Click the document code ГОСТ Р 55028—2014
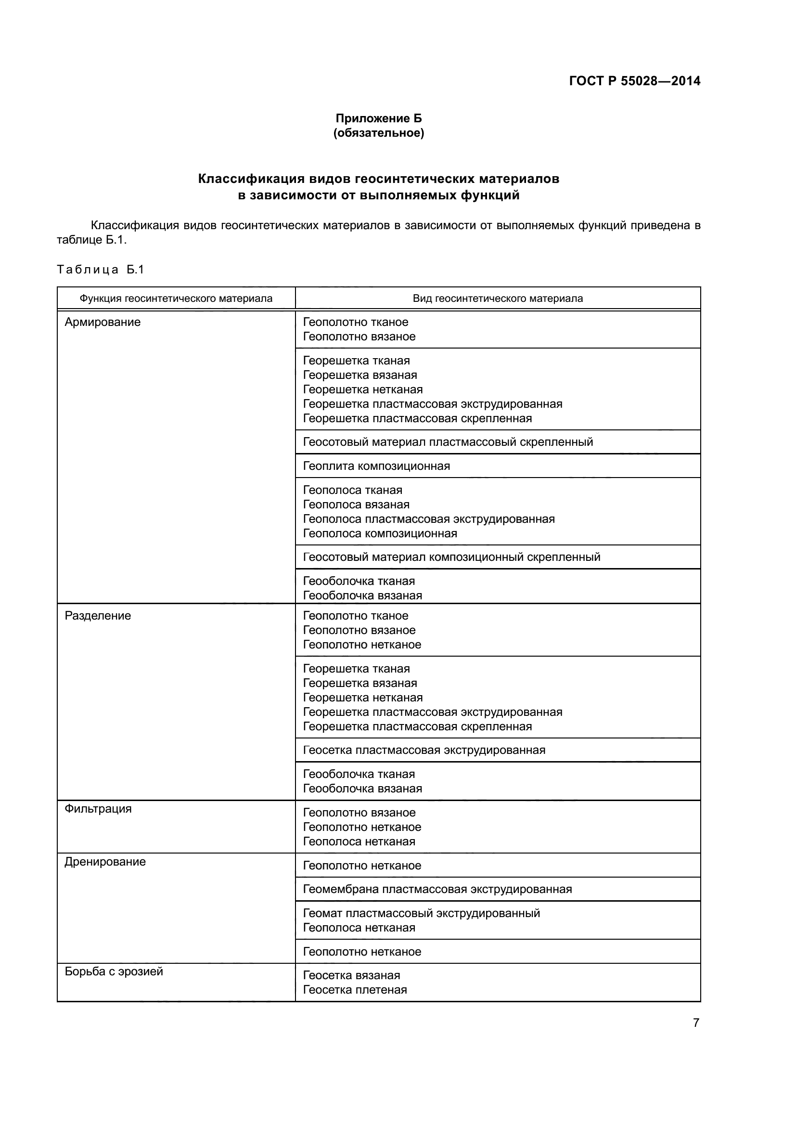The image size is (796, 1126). (635, 81)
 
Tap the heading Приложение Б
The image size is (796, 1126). (378, 118)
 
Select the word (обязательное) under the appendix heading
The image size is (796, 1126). (378, 133)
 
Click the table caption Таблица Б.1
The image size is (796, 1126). (101, 269)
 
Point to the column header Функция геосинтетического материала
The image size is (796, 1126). (176, 298)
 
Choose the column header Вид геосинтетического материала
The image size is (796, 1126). (498, 298)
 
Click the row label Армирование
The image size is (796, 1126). (103, 322)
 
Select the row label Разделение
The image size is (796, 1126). (98, 616)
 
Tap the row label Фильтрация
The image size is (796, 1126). (98, 809)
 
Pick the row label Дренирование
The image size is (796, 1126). (105, 862)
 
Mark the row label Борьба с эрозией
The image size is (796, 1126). (114, 971)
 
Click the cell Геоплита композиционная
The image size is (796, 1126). (376, 466)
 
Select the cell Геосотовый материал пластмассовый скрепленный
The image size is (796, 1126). (448, 442)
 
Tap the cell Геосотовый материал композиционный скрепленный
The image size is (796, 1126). (451, 557)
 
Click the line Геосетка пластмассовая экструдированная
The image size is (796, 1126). (424, 750)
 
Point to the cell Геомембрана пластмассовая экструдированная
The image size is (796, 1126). (437, 889)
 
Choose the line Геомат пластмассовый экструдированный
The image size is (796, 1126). (422, 913)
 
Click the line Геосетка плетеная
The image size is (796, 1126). (355, 990)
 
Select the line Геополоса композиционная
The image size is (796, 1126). (380, 533)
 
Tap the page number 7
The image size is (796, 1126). (696, 1023)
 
